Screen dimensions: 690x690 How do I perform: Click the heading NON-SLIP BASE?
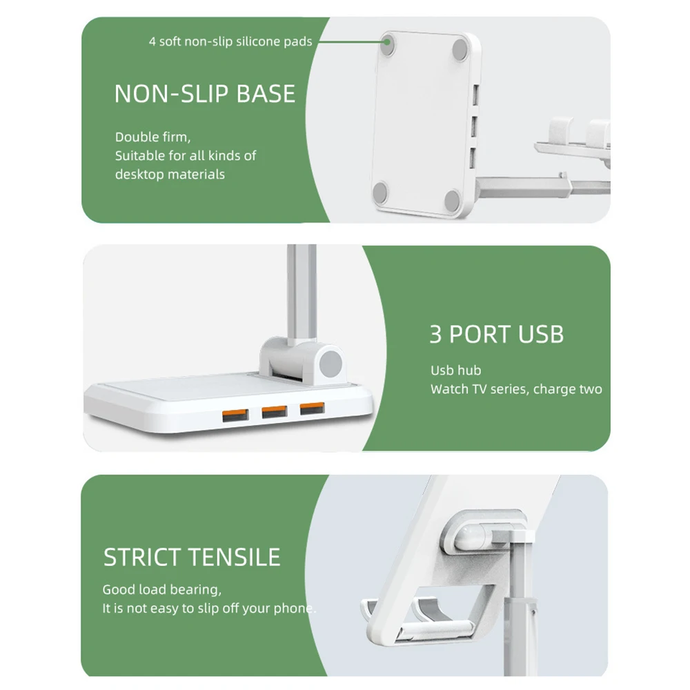[205, 94]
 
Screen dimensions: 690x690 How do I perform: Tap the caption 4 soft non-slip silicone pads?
[230, 41]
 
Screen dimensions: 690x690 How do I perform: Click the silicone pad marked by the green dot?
[387, 45]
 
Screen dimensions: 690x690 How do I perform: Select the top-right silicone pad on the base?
[460, 49]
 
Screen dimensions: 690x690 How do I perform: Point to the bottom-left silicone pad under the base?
[380, 193]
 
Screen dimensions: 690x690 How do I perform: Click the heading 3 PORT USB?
[496, 335]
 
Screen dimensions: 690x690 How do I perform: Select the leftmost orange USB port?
[235, 415]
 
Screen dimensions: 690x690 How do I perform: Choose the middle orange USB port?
[275, 412]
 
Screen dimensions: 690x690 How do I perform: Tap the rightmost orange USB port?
[313, 408]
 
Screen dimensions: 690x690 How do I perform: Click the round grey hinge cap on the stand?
[331, 364]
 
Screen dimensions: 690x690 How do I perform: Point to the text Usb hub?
[455, 371]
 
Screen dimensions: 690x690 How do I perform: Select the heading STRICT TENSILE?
[192, 557]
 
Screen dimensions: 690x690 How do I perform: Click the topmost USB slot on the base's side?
[475, 95]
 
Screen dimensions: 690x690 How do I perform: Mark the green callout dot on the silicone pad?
[387, 42]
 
